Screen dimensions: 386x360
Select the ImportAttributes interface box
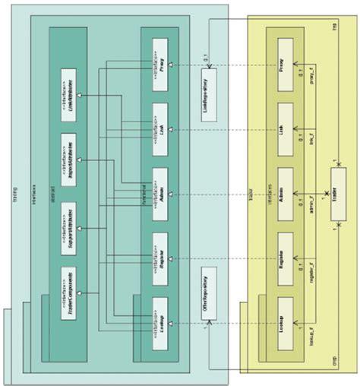(69, 152)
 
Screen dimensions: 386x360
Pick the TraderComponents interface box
(69, 289)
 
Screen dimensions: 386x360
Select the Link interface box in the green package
(159, 121)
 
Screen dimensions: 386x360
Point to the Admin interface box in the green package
(159, 186)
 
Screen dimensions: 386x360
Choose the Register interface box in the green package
(159, 252)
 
